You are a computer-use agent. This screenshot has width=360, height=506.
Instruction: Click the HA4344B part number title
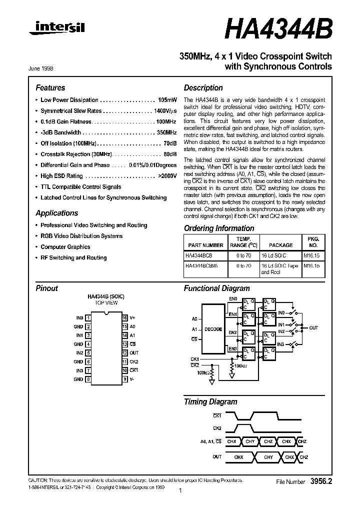278,29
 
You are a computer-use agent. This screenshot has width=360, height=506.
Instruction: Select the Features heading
50,87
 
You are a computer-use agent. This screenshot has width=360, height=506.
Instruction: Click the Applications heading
57,213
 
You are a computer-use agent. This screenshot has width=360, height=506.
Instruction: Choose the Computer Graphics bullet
65,247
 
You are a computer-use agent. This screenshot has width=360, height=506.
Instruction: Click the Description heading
203,87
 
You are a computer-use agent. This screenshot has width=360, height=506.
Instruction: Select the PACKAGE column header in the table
280,245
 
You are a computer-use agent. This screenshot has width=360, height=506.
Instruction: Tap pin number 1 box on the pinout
88,318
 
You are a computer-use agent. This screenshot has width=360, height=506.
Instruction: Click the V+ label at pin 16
132,318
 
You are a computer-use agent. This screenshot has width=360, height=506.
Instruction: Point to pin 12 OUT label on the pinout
133,353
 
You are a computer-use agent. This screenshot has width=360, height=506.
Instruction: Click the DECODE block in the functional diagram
213,329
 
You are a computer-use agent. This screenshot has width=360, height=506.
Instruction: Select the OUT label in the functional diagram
313,328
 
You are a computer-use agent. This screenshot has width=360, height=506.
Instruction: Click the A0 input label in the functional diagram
194,318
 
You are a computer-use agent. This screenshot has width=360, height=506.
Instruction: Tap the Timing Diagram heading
210,401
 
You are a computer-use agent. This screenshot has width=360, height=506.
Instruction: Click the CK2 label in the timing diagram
217,428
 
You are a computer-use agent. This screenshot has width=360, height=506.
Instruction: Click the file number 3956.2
320,481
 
